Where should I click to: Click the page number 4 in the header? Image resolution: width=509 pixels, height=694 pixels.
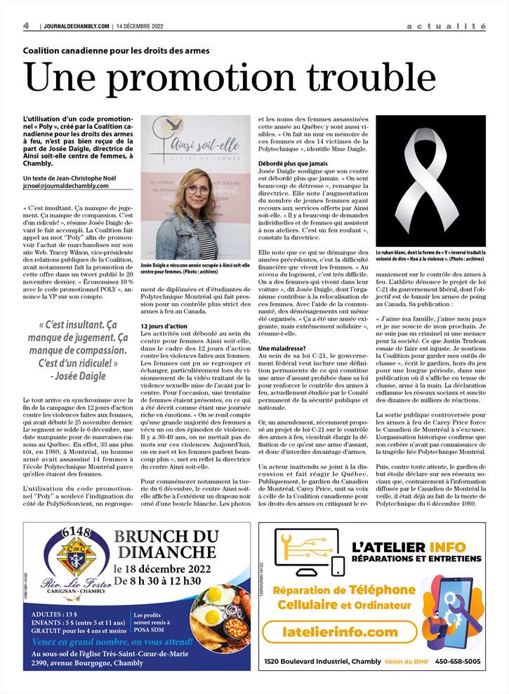pyautogui.click(x=26, y=26)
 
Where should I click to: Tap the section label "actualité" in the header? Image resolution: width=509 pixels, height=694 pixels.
pyautogui.click(x=446, y=26)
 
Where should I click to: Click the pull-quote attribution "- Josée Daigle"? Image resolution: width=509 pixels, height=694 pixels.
pyautogui.click(x=79, y=377)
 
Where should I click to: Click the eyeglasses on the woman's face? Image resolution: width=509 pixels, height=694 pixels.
pyautogui.click(x=198, y=189)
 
